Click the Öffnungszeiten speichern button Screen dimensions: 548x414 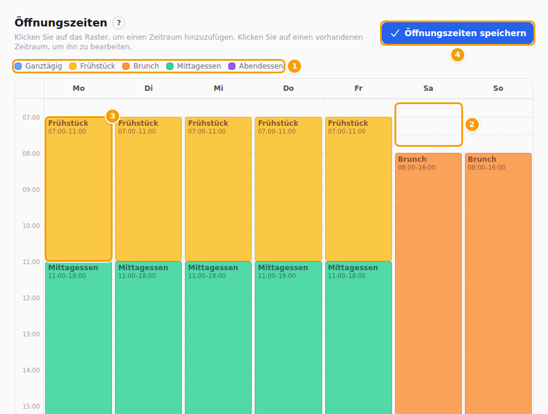458,33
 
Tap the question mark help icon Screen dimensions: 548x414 119,23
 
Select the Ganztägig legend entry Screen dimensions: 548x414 39,66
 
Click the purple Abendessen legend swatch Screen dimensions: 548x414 232,66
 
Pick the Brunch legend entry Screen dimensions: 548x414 140,66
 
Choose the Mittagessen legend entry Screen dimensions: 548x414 194,66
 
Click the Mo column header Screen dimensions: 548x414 79,88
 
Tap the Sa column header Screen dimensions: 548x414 428,88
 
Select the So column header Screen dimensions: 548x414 498,88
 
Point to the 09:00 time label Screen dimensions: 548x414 31,190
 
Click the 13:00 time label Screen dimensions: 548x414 31,334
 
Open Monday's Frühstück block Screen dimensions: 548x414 79,189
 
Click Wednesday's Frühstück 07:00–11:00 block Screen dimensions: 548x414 219,189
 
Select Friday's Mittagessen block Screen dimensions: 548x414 358,338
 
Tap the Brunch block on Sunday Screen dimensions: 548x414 498,283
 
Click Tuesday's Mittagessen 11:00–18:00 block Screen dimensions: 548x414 149,338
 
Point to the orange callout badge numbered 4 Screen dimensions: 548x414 457,55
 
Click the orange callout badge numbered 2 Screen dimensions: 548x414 472,125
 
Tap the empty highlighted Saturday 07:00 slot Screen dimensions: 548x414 429,125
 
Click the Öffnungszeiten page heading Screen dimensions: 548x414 61,23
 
